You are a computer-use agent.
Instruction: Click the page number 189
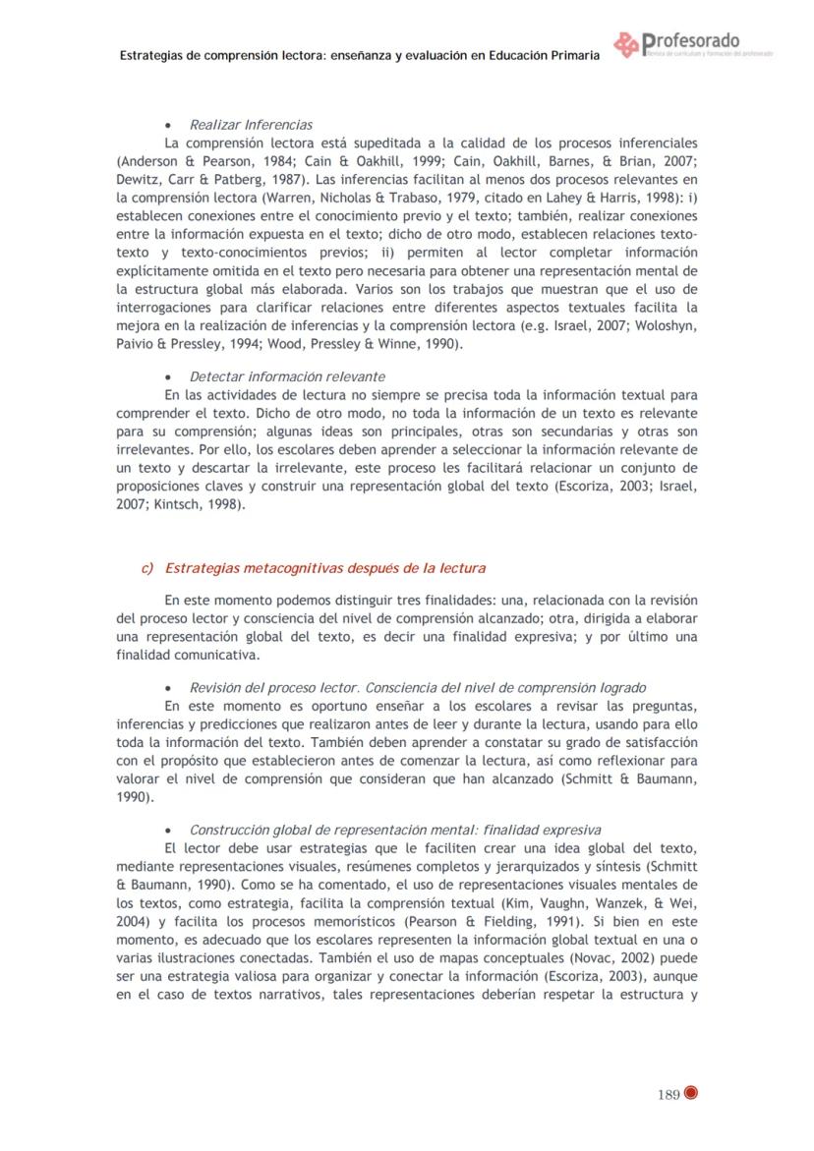click(x=669, y=1095)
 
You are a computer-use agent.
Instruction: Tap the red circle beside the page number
click(x=690, y=1094)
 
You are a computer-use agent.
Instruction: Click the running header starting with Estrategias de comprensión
click(x=359, y=56)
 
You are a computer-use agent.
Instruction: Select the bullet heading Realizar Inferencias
click(x=251, y=125)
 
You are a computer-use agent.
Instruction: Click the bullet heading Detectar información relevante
click(x=287, y=376)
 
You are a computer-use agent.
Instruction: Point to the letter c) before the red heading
click(x=148, y=568)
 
